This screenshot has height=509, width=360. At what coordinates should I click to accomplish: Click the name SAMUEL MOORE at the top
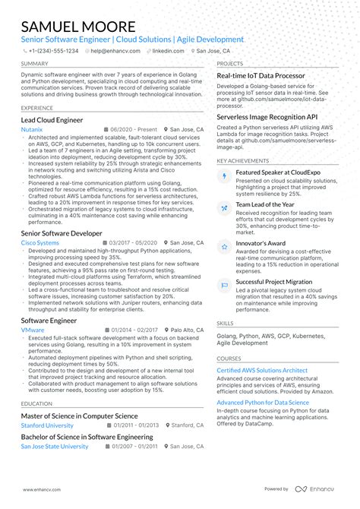click(x=73, y=27)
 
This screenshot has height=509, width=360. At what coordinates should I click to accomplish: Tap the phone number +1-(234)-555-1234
click(x=52, y=51)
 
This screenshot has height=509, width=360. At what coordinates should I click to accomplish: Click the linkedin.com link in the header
click(x=168, y=51)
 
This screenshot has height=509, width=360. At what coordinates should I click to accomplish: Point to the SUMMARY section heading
click(x=35, y=64)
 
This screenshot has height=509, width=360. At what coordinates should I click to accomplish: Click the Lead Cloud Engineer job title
click(x=52, y=119)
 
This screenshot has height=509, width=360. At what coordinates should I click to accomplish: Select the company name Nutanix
click(x=32, y=130)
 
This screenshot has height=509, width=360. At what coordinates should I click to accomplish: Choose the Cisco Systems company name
click(x=39, y=242)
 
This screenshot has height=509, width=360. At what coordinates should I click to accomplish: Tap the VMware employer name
click(x=33, y=330)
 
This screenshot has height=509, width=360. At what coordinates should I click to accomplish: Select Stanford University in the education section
click(x=47, y=425)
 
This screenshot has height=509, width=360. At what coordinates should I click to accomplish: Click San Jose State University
click(x=55, y=447)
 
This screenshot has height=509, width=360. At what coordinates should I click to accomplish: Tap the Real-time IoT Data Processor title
click(x=261, y=76)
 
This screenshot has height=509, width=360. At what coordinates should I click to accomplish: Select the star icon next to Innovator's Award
click(x=225, y=247)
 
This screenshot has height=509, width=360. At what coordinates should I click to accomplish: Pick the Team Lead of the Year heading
click(x=266, y=204)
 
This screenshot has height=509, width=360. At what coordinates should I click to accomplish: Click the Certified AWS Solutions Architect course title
click(x=262, y=370)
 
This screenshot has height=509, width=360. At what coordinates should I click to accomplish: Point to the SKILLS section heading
click(x=225, y=323)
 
